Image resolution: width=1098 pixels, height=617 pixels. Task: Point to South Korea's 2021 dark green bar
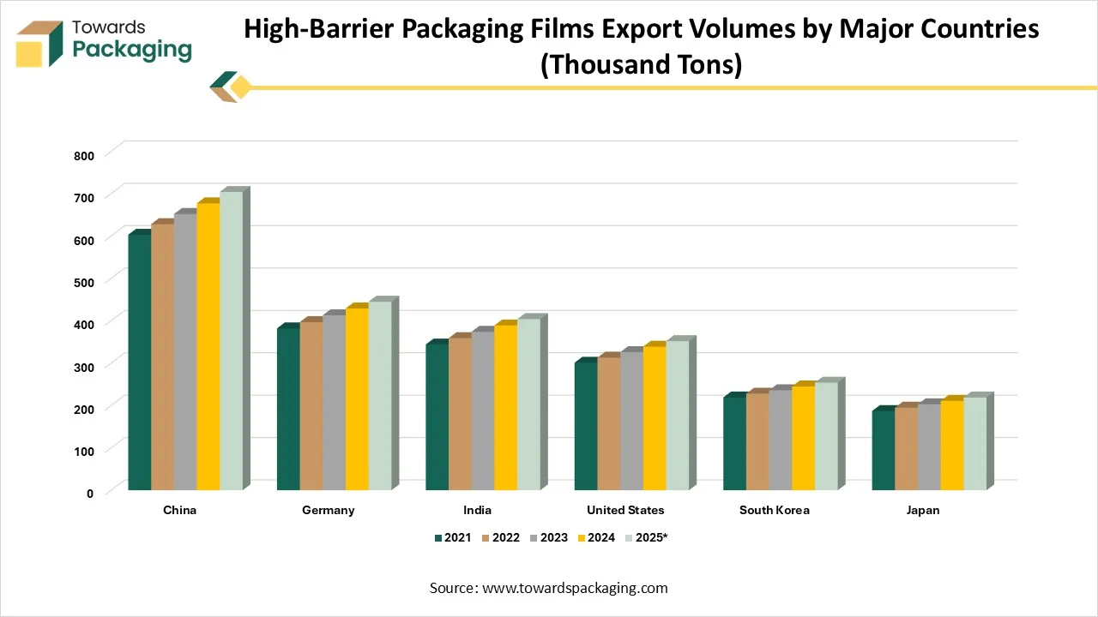pyautogui.click(x=734, y=443)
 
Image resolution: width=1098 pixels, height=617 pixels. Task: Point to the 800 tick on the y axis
pyautogui.click(x=83, y=156)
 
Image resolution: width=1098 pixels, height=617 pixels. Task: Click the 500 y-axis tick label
pyautogui.click(x=83, y=282)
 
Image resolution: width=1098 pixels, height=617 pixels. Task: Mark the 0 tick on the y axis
pyautogui.click(x=89, y=493)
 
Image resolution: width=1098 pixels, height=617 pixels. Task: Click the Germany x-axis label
pyautogui.click(x=328, y=510)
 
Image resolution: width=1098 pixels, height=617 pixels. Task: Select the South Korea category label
pyautogui.click(x=774, y=510)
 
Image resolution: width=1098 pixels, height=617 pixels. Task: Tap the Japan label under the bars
pyautogui.click(x=922, y=510)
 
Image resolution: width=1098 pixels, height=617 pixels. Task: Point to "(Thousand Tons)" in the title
pyautogui.click(x=641, y=64)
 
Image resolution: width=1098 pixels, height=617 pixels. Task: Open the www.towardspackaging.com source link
pyautogui.click(x=575, y=588)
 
